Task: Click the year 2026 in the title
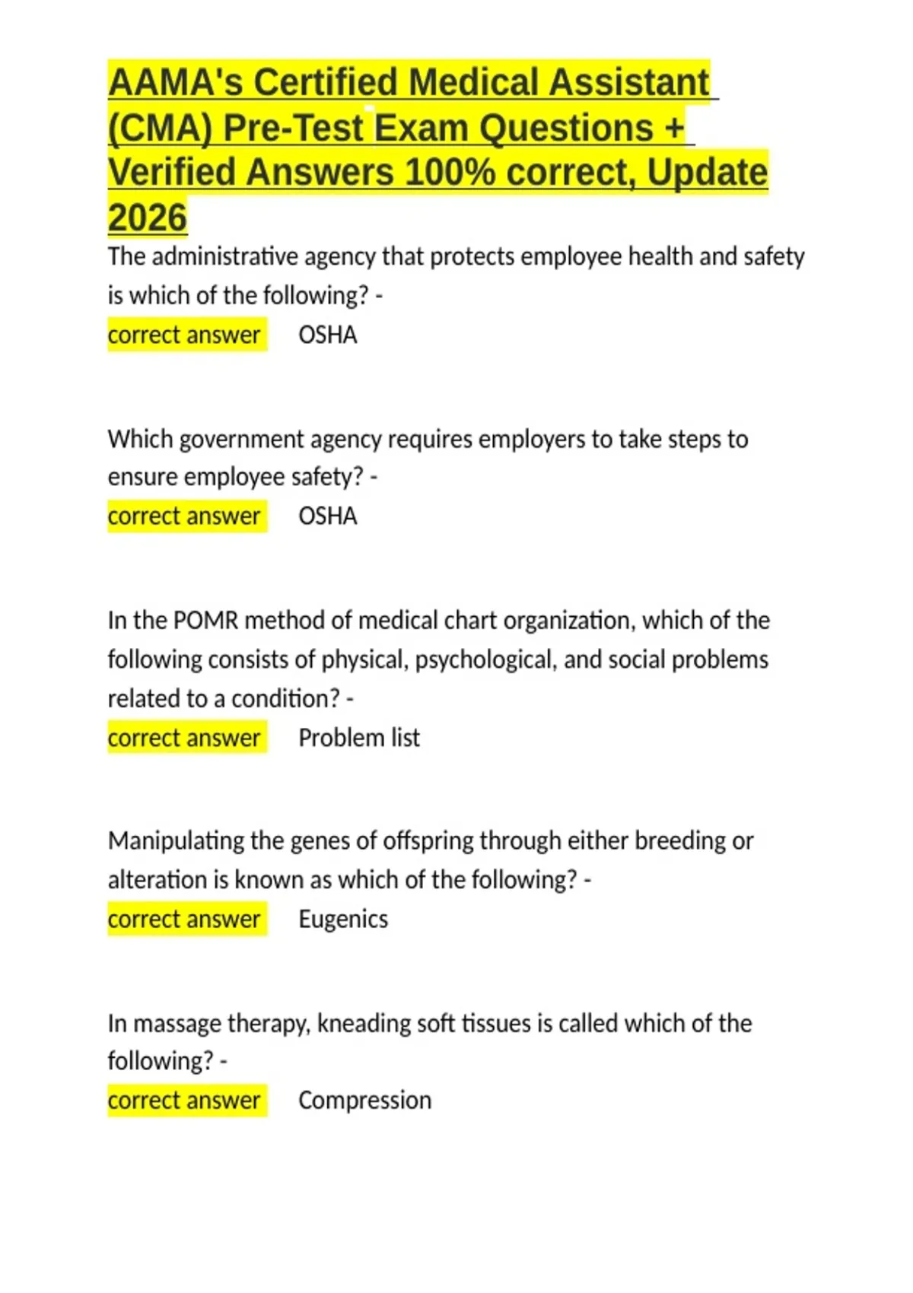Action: pyautogui.click(x=148, y=218)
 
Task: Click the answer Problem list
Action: pyautogui.click(x=358, y=738)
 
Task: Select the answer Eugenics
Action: pyautogui.click(x=342, y=919)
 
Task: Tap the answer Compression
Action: pyautogui.click(x=364, y=1100)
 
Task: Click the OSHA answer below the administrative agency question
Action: pyautogui.click(x=327, y=335)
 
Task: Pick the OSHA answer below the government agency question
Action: pyautogui.click(x=327, y=516)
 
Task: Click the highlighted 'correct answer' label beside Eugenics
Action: pyautogui.click(x=184, y=919)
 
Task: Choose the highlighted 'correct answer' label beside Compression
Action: pyautogui.click(x=184, y=1100)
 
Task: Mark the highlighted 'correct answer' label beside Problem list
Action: pyautogui.click(x=184, y=738)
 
